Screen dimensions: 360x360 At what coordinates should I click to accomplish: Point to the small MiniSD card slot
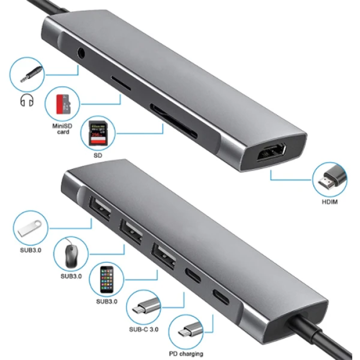(x=120, y=82)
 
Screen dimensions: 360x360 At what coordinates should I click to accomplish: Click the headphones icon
(x=26, y=100)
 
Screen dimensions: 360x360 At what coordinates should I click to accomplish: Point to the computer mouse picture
(x=73, y=253)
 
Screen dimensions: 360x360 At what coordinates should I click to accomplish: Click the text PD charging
(x=186, y=353)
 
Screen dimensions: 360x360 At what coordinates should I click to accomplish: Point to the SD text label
(x=97, y=154)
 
